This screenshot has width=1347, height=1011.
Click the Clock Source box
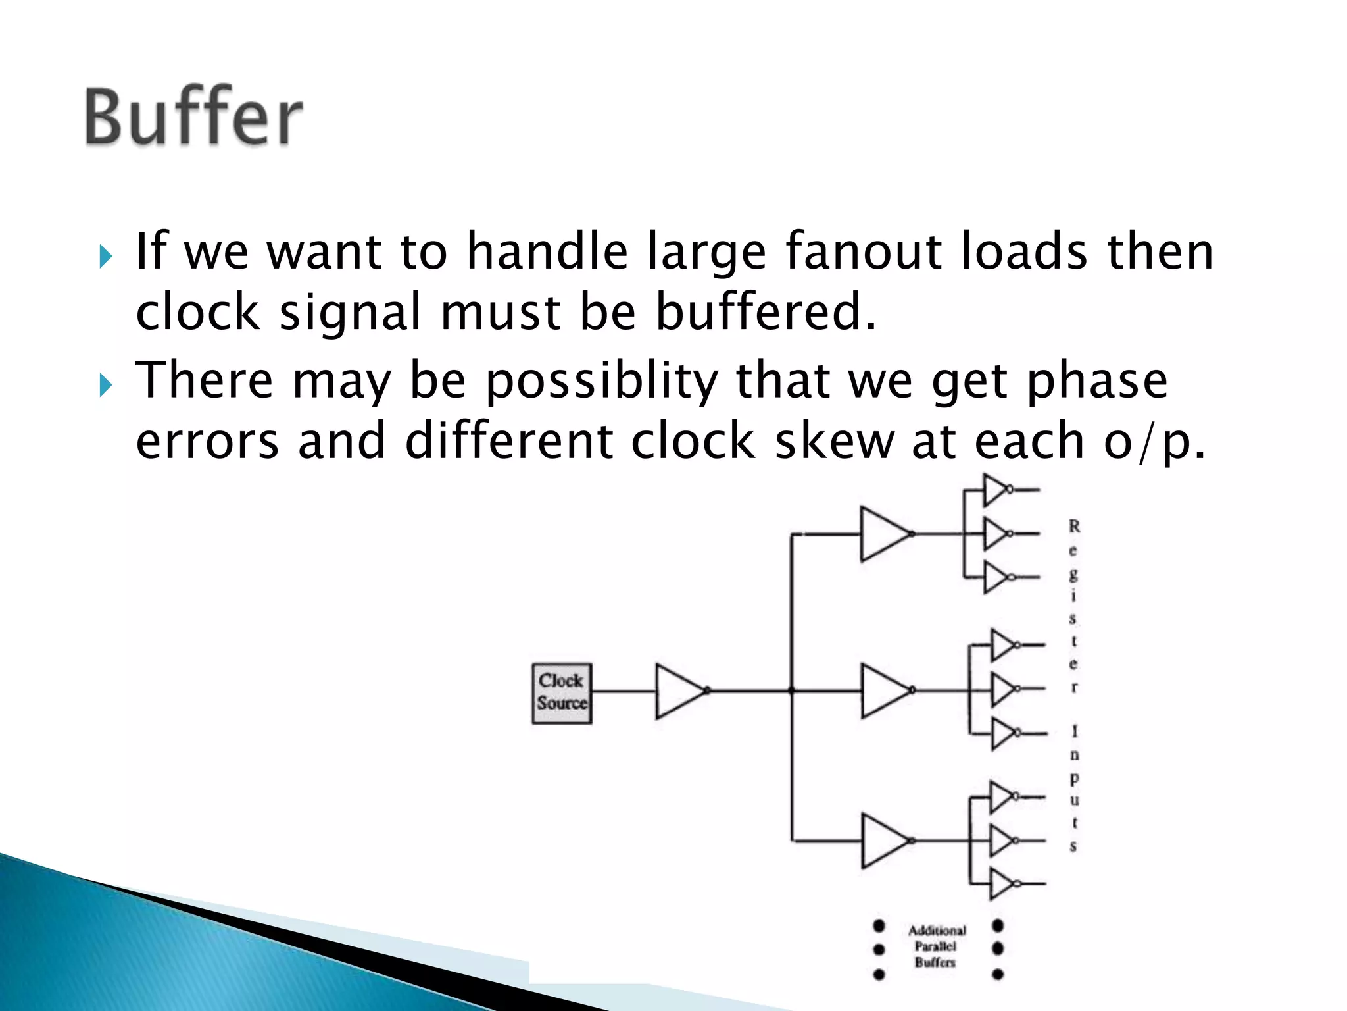pos(562,693)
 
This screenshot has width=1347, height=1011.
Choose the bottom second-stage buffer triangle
pos(884,841)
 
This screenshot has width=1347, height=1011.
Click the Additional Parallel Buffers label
pos(937,946)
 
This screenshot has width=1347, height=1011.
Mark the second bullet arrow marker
pos(105,386)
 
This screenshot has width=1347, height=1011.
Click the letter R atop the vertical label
pos(1074,527)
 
